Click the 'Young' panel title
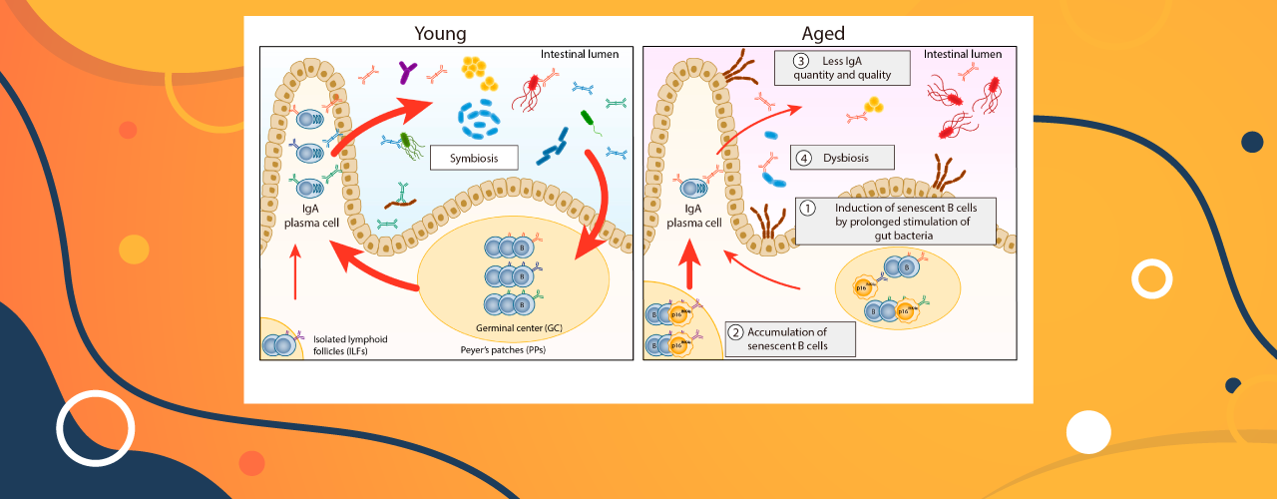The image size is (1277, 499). tap(440, 33)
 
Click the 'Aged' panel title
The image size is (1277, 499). tap(824, 33)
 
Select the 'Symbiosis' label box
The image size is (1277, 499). tap(477, 158)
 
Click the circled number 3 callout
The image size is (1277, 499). tap(800, 61)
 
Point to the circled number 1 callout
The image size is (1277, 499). tap(810, 208)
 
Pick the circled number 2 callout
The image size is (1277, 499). tap(735, 332)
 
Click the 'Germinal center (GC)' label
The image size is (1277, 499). tap(512, 327)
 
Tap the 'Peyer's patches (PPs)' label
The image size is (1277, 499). tap(496, 350)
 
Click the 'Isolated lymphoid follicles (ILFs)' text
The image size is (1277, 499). tap(350, 345)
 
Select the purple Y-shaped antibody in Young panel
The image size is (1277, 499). tap(406, 71)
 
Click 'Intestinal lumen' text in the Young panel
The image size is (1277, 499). tap(580, 54)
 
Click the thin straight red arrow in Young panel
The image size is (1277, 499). tap(295, 271)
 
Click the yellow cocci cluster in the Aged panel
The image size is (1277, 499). tap(873, 104)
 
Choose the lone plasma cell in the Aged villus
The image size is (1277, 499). tap(691, 187)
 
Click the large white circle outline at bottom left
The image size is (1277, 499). tap(95, 428)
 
